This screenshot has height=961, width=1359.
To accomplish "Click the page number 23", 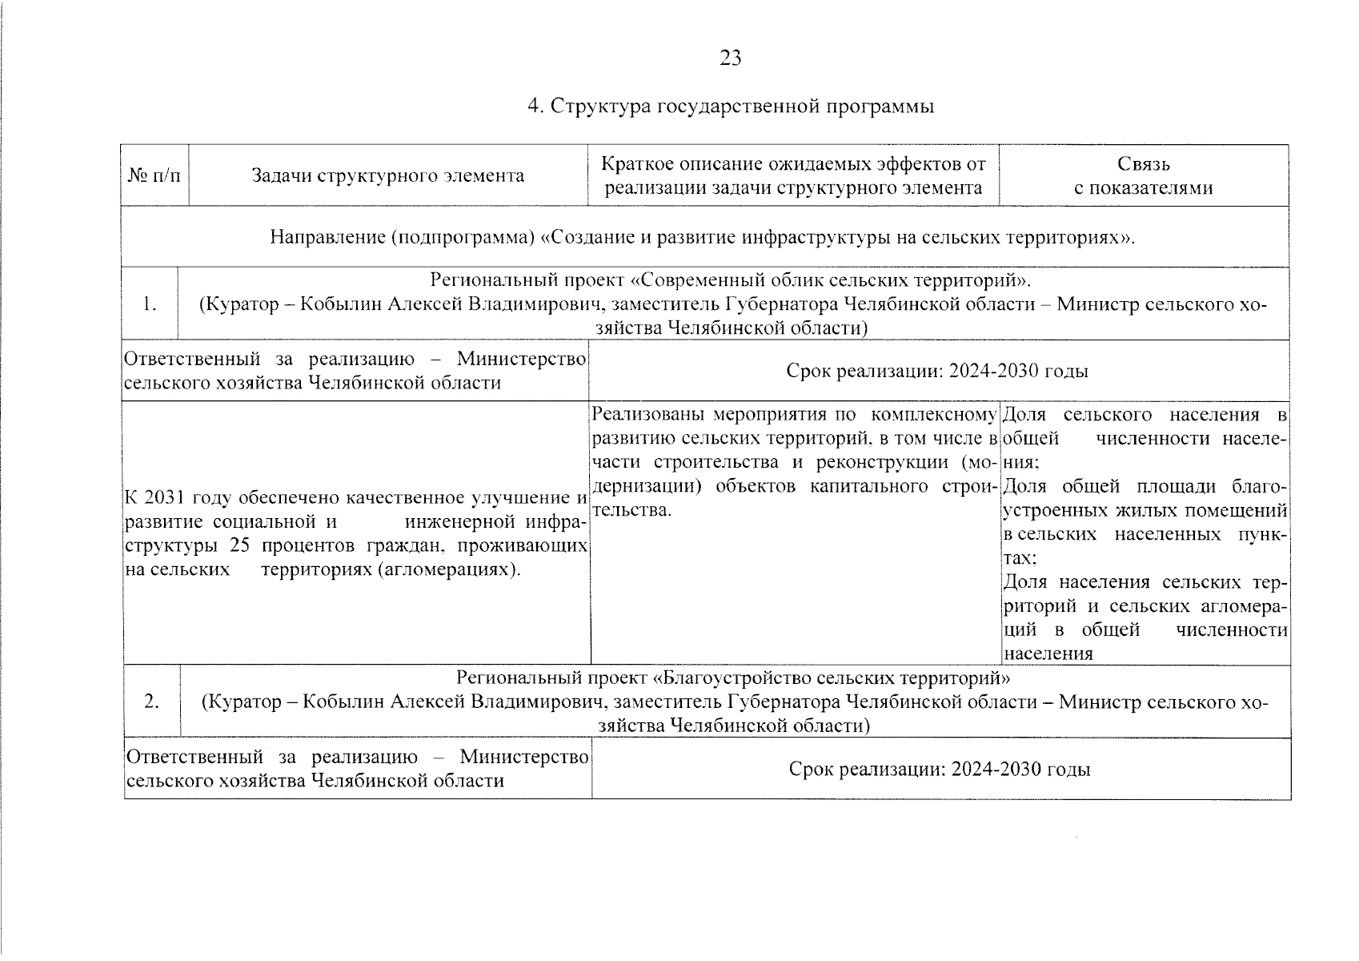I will [730, 58].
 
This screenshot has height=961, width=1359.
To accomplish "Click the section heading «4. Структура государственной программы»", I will [730, 106].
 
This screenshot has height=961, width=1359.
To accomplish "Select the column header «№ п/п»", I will [154, 175].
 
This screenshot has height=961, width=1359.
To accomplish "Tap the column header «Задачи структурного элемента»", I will [388, 175].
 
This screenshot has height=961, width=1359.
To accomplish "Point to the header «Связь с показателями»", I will [1143, 175].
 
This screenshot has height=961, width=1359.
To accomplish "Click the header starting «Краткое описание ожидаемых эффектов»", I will [793, 175].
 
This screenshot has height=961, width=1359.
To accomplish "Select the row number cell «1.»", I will [149, 304].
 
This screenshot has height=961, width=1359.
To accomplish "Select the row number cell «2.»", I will [150, 702].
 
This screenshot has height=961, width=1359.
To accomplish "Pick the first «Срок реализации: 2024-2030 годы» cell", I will [937, 371].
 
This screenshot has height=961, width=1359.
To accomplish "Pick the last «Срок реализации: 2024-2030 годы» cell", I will [940, 769].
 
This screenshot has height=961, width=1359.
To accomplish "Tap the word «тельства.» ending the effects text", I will [631, 510].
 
